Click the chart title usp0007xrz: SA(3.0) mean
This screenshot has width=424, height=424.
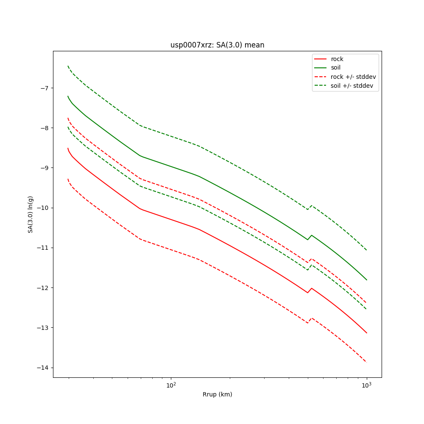pyautogui.click(x=217, y=45)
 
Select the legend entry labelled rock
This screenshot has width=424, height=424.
pyautogui.click(x=337, y=59)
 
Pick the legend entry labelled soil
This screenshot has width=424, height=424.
pyautogui.click(x=335, y=68)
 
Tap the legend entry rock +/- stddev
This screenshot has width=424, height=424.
pyautogui.click(x=353, y=77)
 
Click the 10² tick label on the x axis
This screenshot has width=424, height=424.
pyautogui.click(x=171, y=385)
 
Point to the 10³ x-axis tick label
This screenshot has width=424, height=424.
pyautogui.click(x=366, y=385)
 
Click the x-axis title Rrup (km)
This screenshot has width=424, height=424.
pyautogui.click(x=217, y=394)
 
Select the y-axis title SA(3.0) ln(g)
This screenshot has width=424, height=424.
pyautogui.click(x=31, y=214)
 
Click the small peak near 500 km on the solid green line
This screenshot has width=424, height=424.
pyautogui.click(x=312, y=235)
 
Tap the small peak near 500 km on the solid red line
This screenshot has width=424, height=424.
pyautogui.click(x=312, y=288)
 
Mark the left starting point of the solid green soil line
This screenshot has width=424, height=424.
pyautogui.click(x=68, y=96)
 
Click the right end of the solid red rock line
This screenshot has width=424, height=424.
pyautogui.click(x=366, y=333)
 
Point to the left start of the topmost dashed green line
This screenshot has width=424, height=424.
pyautogui.click(x=68, y=66)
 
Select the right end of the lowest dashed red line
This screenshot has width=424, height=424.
pyautogui.click(x=366, y=363)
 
